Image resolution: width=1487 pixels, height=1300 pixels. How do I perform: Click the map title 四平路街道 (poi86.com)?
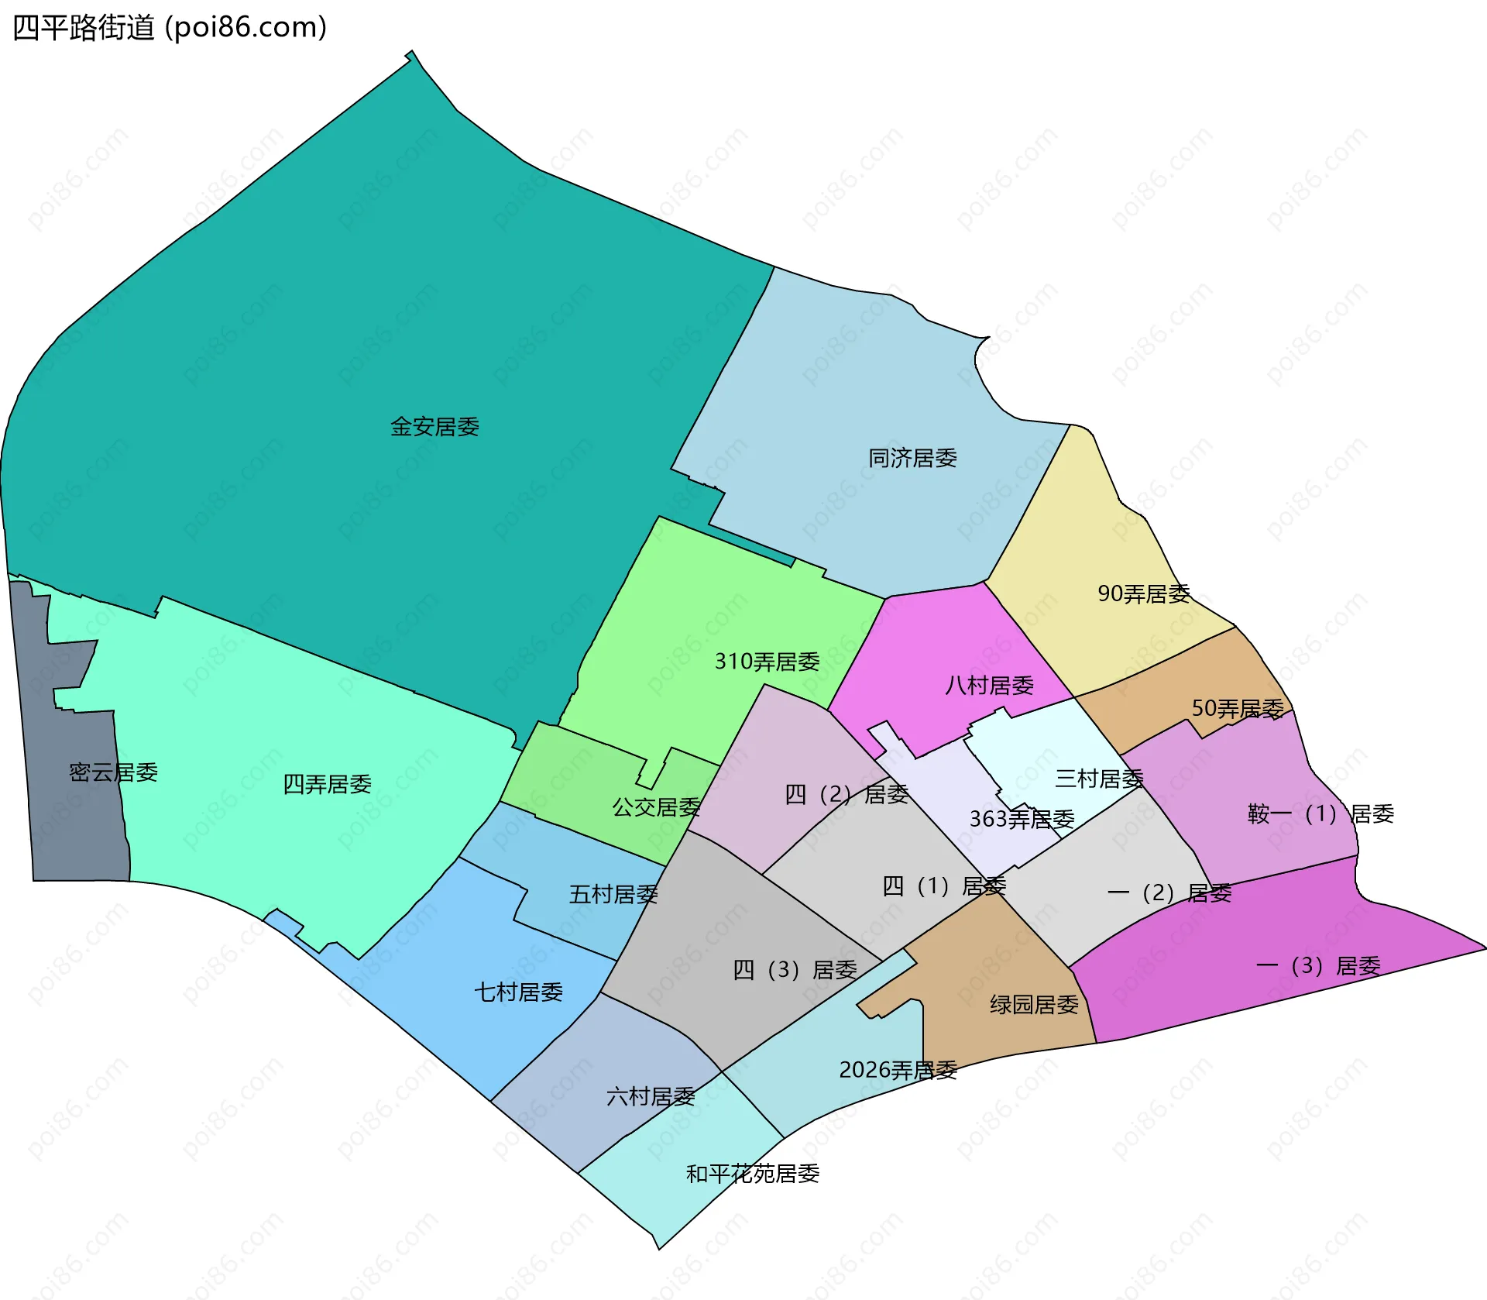point(170,28)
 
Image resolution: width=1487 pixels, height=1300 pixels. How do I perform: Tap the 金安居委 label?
point(434,427)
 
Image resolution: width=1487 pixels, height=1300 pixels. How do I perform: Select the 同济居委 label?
point(912,459)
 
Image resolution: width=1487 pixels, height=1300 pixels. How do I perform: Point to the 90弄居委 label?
point(1144,594)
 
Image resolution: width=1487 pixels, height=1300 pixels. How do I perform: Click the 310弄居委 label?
point(767,662)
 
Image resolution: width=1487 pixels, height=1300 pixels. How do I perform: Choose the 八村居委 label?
point(989,686)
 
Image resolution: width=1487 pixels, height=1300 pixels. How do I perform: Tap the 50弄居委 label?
point(1238,709)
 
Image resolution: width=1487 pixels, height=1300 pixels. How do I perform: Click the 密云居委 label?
point(113,772)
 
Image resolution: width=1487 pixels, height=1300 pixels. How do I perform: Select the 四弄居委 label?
point(327,785)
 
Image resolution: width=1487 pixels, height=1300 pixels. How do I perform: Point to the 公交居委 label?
point(656,807)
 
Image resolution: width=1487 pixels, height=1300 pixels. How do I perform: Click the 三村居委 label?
point(1099,779)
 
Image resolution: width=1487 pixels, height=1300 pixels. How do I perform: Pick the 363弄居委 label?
point(1022,819)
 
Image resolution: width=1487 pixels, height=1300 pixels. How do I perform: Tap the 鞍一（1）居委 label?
point(1320,814)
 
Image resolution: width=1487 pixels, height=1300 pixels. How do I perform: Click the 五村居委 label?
point(613,895)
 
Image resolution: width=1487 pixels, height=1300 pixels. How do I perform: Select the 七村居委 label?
point(518,992)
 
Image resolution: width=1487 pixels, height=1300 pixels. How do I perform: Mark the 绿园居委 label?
point(1034,1005)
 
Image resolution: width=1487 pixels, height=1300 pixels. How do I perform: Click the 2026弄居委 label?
point(898,1071)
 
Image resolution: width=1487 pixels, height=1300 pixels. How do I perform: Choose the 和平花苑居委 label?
point(753,1174)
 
